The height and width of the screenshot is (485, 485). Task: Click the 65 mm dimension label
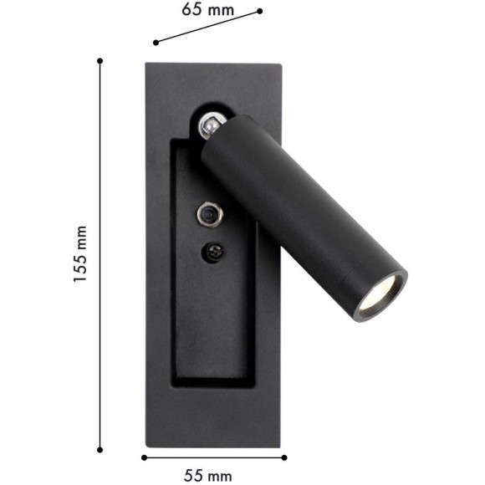point(207,10)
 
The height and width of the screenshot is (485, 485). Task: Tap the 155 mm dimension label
point(80,254)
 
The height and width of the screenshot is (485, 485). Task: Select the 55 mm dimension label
point(208,475)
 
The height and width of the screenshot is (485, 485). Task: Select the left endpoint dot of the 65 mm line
point(156,42)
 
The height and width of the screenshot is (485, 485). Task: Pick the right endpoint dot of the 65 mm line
point(260,11)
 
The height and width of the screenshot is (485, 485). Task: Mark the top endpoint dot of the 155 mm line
point(100,60)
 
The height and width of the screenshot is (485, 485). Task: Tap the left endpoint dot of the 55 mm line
point(144,457)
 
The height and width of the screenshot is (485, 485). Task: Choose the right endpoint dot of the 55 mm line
point(285,457)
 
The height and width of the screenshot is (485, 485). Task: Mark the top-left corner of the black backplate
point(146,64)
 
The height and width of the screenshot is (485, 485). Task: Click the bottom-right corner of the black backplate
point(280,446)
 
